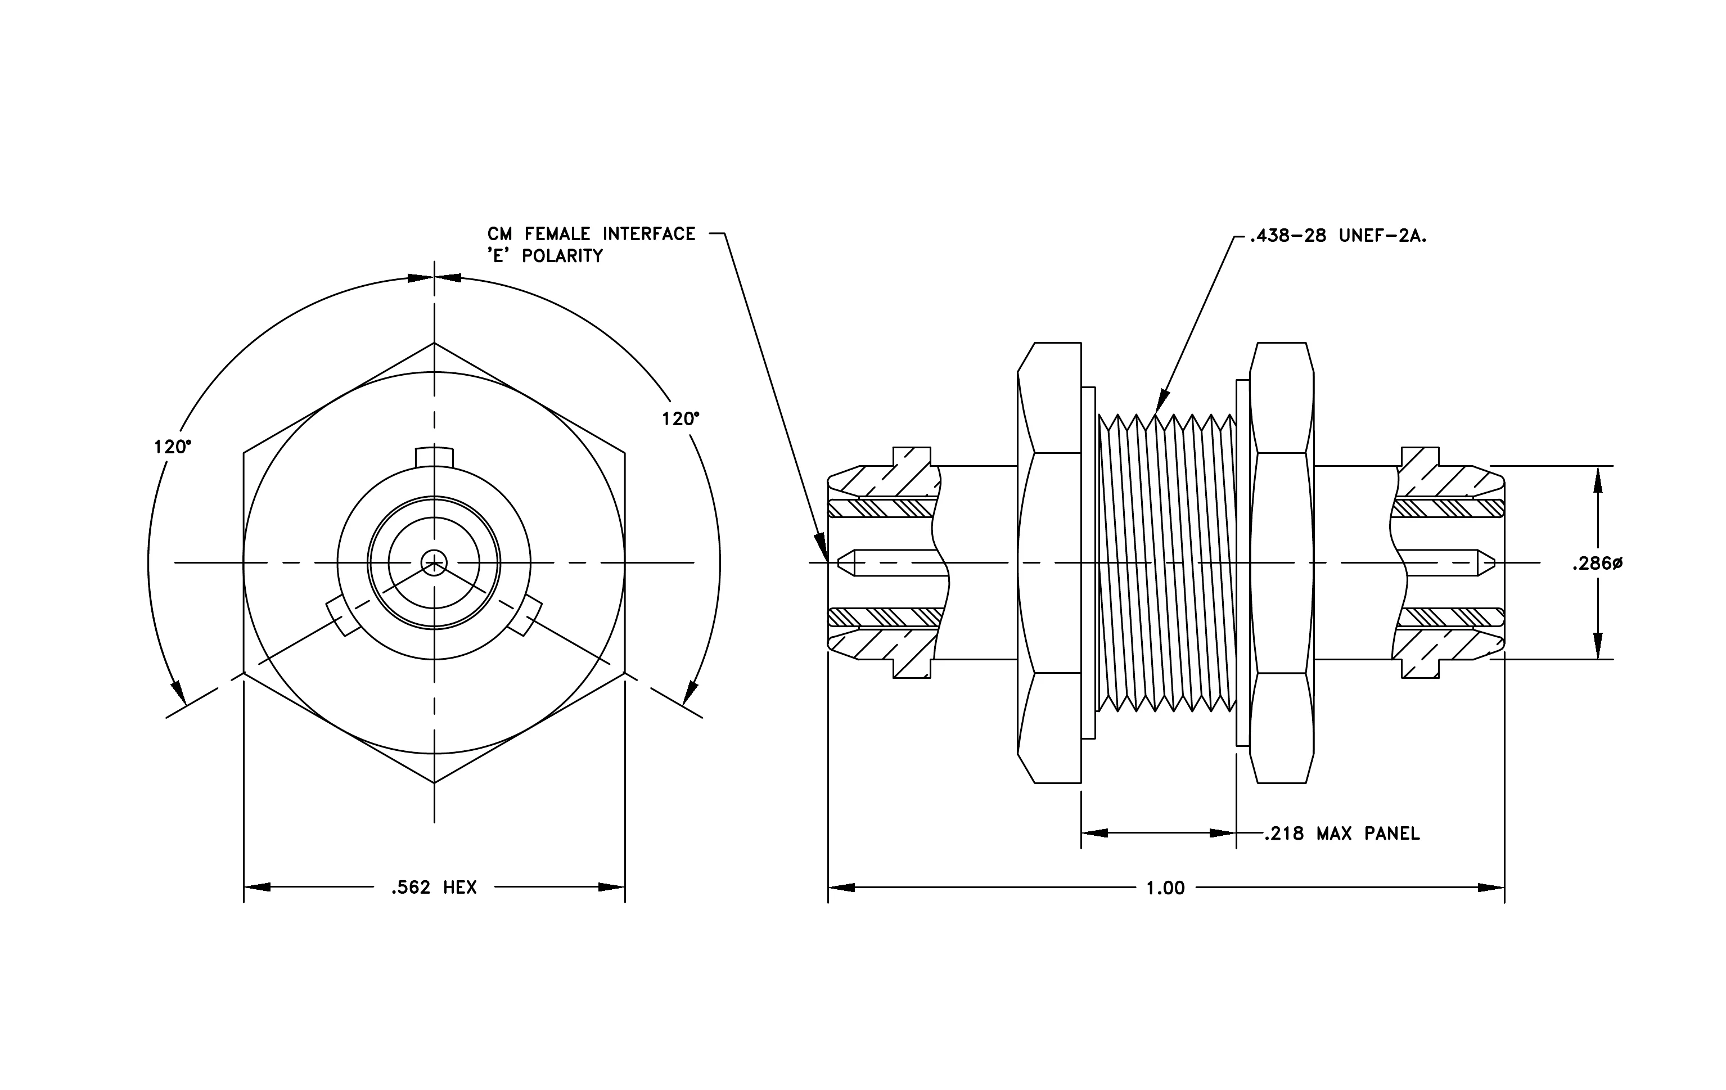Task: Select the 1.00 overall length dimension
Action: [x=1165, y=889]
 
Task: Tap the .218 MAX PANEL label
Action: [x=1342, y=834]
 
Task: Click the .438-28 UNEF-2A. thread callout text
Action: [x=1338, y=236]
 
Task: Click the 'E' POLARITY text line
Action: [x=546, y=256]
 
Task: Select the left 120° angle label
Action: [x=173, y=447]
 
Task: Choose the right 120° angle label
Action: [x=681, y=419]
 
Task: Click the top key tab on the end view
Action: [x=434, y=457]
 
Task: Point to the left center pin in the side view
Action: [x=893, y=562]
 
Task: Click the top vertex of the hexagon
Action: [x=434, y=343]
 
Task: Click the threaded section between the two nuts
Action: [x=1168, y=563]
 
